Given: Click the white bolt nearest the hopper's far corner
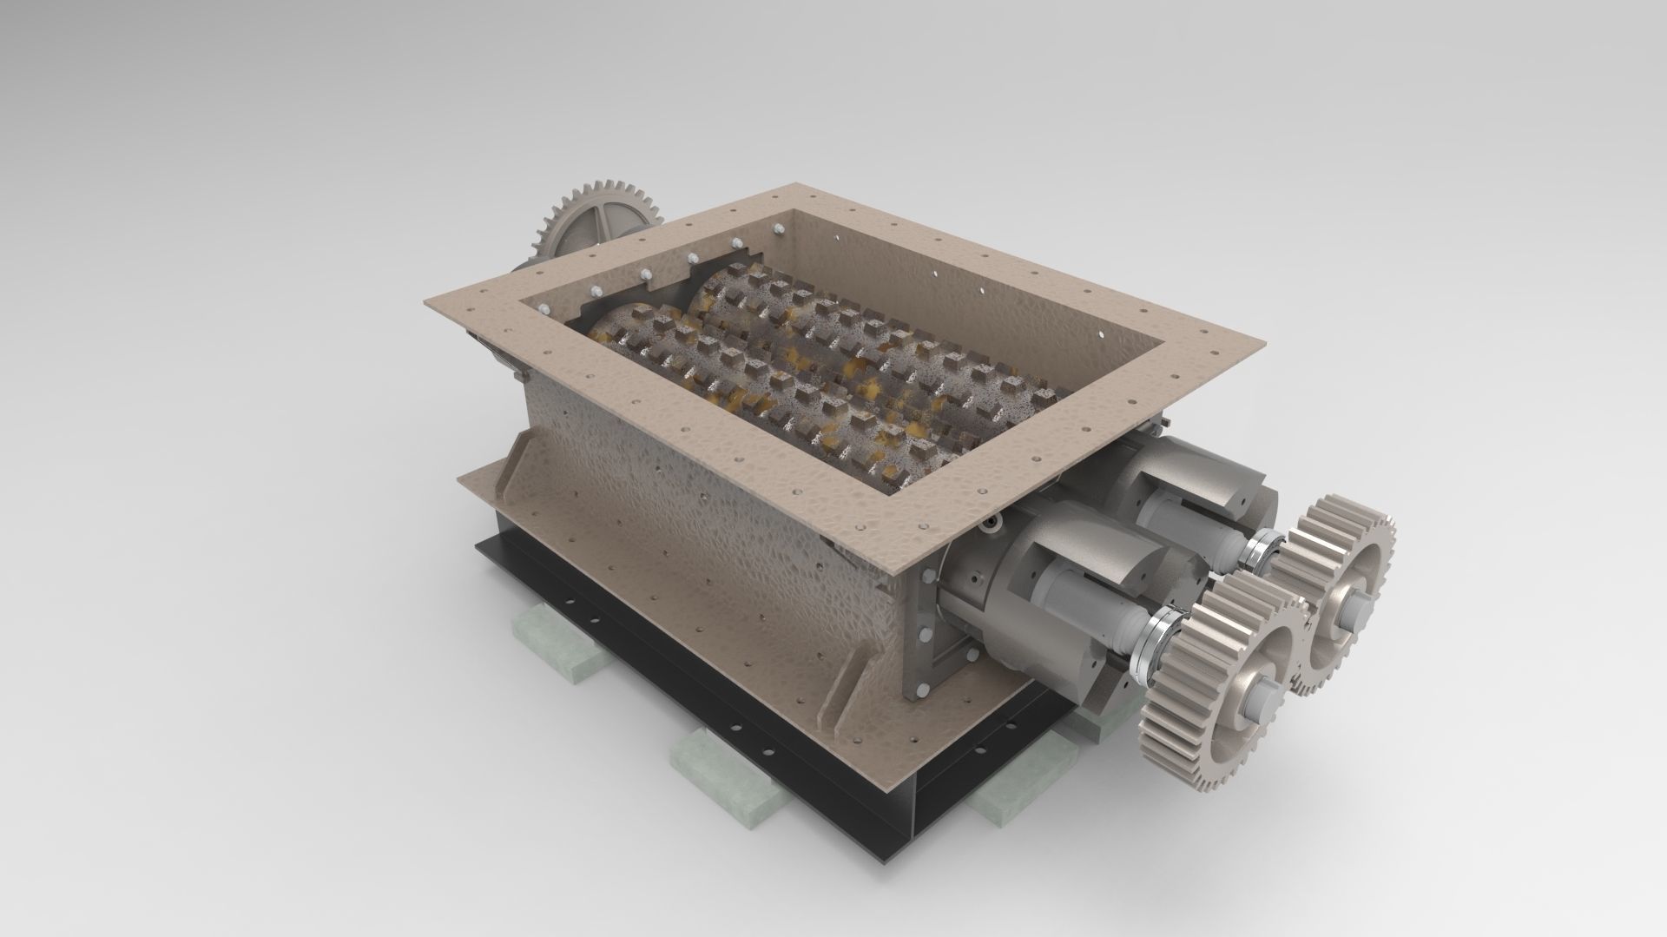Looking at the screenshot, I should [x=778, y=228].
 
